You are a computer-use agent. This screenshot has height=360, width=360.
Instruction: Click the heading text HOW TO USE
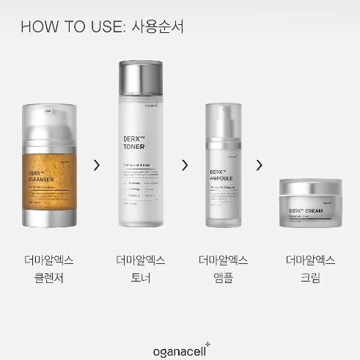click(x=70, y=27)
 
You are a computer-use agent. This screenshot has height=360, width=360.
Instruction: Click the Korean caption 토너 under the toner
click(x=140, y=278)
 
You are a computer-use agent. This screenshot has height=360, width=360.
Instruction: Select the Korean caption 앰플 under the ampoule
click(x=223, y=278)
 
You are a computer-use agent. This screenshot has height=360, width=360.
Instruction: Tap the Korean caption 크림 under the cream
click(x=309, y=278)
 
